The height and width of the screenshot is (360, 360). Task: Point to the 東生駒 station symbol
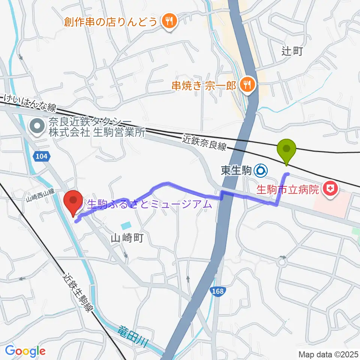point(261,171)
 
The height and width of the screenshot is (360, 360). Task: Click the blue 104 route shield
point(42,157)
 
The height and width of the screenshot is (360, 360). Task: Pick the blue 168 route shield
point(218,291)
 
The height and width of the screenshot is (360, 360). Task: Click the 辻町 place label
point(292,51)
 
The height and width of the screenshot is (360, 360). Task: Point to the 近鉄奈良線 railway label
point(205,142)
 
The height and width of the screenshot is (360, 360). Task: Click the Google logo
point(25,351)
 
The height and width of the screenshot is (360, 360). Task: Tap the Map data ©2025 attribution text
point(328,354)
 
